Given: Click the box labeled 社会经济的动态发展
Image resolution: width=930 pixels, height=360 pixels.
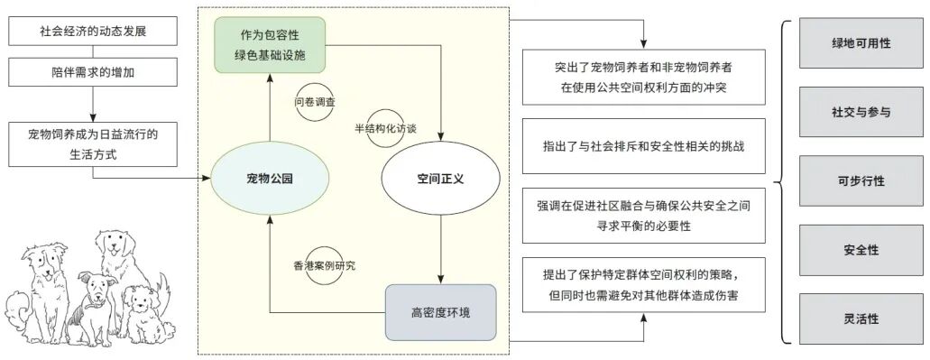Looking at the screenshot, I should click(x=93, y=31).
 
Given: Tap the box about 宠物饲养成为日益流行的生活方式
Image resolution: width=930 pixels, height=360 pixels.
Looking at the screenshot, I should click(x=93, y=143).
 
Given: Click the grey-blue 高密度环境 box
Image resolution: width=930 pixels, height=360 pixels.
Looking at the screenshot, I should click(x=440, y=312).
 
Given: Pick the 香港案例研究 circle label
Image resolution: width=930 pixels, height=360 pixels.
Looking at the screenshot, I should click(x=325, y=265).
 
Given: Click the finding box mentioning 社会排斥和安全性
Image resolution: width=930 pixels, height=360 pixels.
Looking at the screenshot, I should click(x=644, y=145).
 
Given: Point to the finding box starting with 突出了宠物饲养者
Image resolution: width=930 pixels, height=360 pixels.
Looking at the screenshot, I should click(x=644, y=78).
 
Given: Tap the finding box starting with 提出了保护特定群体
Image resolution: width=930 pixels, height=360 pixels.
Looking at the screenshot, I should click(x=644, y=284).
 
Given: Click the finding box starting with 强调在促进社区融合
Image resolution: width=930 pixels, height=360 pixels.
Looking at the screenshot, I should click(x=644, y=215).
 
